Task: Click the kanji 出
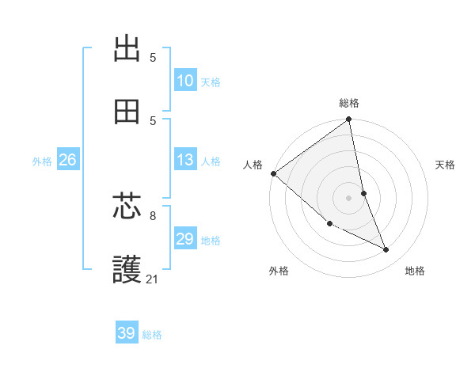(x=127, y=48)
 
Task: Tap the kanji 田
(x=127, y=112)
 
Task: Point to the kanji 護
(x=127, y=270)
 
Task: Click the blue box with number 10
(x=185, y=81)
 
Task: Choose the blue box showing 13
(x=185, y=160)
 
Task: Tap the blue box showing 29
(x=185, y=239)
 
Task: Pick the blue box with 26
(x=67, y=160)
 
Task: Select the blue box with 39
(x=127, y=333)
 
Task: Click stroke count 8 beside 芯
(x=153, y=215)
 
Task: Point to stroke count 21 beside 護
(x=153, y=279)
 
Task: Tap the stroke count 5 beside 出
(x=153, y=57)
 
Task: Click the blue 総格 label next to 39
(x=152, y=335)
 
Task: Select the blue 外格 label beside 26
(x=42, y=161)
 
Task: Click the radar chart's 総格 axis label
(x=349, y=103)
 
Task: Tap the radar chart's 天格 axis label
(x=446, y=165)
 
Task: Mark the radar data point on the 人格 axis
(x=273, y=173)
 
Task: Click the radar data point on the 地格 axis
(x=386, y=250)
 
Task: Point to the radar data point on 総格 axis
(x=349, y=120)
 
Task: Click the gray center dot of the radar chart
(x=349, y=198)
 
